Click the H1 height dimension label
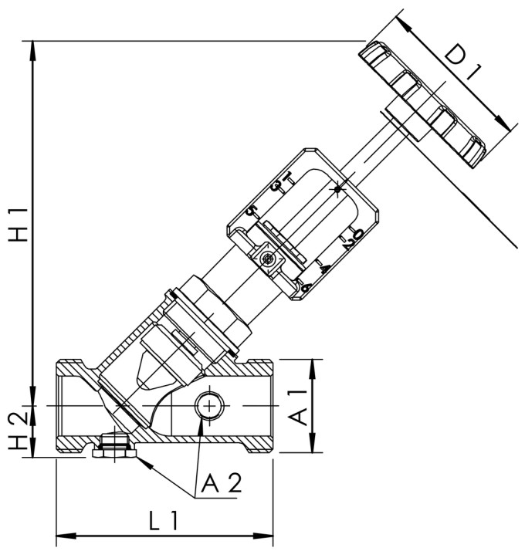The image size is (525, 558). [x=16, y=224]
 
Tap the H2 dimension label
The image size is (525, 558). [x=16, y=431]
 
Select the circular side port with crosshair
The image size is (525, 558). [x=208, y=404]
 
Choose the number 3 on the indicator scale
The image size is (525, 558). [x=279, y=185]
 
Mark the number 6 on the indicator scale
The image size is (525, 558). [x=306, y=287]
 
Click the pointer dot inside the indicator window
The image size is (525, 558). [x=337, y=188]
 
